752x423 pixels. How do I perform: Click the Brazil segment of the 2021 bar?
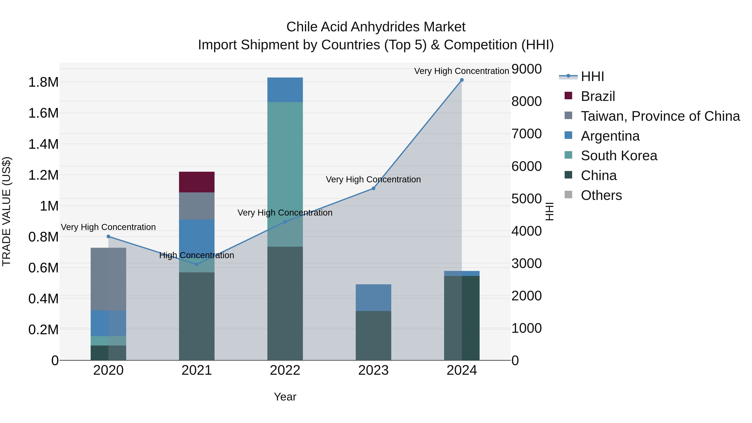point(197,182)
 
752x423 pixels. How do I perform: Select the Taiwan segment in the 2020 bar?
point(108,279)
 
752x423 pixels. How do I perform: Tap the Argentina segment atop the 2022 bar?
point(285,90)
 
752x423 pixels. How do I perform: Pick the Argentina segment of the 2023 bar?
point(373,297)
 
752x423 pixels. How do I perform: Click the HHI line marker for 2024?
point(461,80)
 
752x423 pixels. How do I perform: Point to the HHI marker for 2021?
point(197,264)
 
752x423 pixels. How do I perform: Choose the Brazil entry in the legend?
point(598,96)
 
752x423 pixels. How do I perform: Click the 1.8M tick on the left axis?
point(43,82)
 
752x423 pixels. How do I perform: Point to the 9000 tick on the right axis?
point(526,69)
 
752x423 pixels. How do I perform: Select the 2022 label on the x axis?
point(285,370)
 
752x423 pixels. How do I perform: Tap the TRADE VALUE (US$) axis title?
point(6,211)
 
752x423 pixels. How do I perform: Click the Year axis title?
point(285,397)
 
